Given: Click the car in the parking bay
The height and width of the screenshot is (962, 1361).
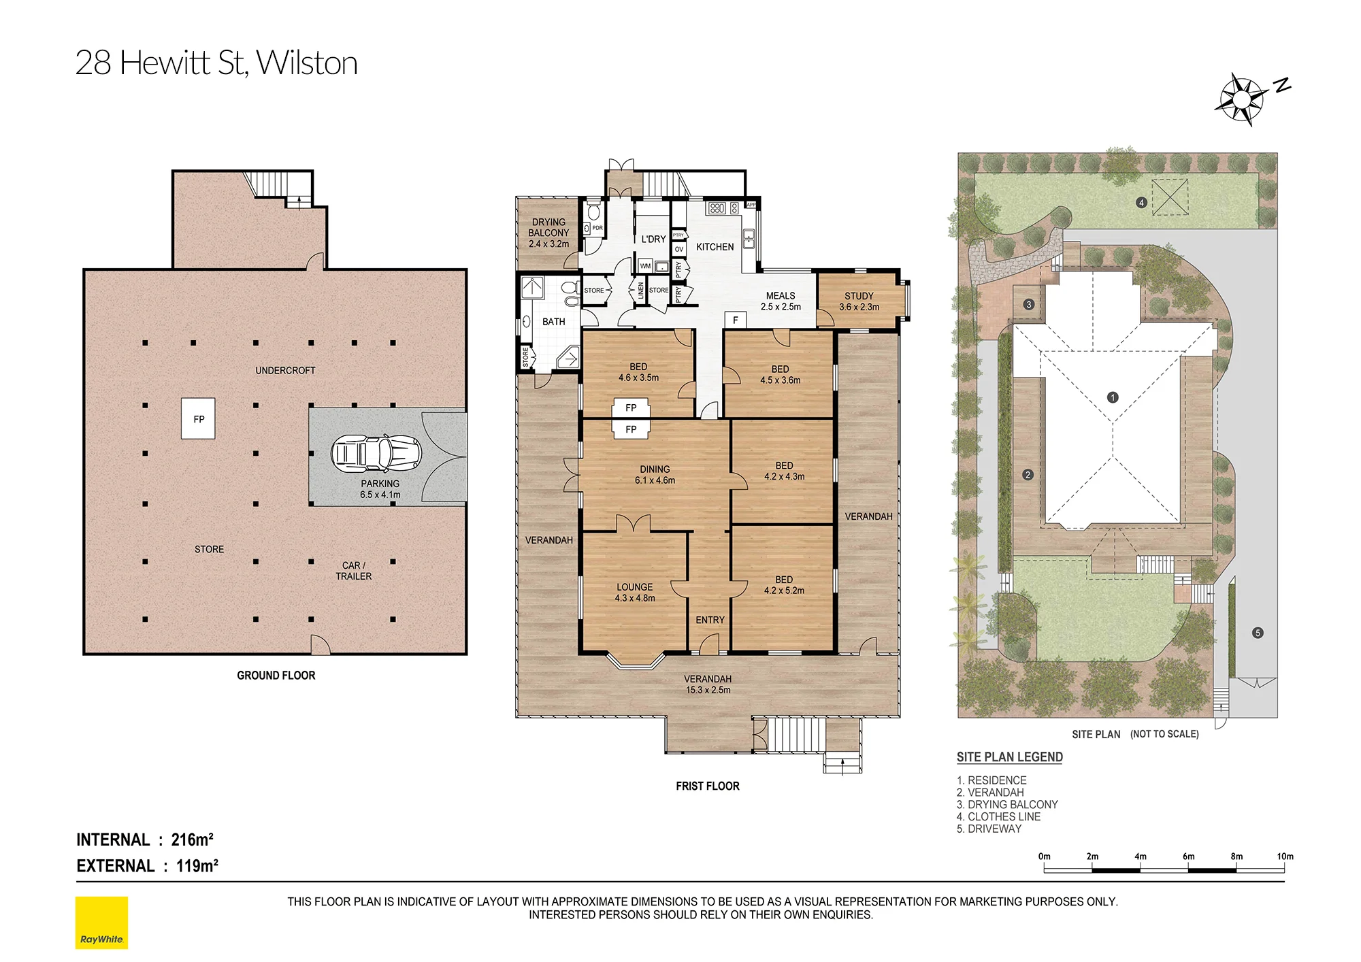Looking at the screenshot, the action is (376, 453).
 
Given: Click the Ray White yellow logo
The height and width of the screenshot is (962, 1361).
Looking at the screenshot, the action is (101, 923).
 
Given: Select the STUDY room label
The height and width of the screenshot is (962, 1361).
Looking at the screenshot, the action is (859, 296).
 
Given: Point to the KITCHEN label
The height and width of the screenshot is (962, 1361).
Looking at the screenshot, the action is (715, 247).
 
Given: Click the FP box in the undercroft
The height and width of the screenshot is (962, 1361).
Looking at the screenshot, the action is (199, 419).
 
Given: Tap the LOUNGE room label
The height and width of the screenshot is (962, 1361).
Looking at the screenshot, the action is (635, 587).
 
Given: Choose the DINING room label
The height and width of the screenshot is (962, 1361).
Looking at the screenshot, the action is (655, 469).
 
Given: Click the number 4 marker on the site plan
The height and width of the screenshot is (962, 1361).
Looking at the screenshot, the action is (1141, 202).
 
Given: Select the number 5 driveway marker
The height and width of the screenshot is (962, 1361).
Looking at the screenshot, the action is (1258, 633).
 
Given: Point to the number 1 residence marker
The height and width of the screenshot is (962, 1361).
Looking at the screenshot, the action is (1113, 397).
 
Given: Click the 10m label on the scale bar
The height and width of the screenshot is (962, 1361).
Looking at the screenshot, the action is (1285, 857).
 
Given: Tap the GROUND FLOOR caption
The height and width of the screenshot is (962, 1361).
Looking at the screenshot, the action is (276, 676).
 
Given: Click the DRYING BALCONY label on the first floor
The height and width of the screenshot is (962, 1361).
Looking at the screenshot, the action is (549, 227).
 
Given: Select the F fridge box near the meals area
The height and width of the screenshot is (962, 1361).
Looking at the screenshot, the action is (735, 320).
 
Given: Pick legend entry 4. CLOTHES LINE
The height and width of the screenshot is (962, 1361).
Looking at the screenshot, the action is (998, 816).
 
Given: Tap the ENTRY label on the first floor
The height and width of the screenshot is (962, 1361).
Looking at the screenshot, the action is (710, 620).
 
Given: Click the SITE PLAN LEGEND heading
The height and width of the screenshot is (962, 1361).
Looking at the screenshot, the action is (1010, 757).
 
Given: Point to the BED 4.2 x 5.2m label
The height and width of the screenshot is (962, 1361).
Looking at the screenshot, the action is (784, 585).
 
